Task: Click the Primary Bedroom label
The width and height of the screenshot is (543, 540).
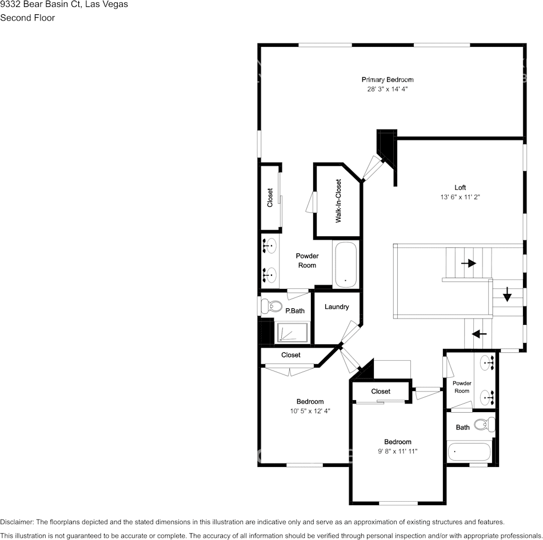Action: point(387,79)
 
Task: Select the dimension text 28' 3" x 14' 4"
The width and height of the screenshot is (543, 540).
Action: point(387,89)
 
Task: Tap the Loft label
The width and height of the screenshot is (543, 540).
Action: point(460,187)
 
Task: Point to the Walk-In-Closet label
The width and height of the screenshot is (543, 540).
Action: point(338,201)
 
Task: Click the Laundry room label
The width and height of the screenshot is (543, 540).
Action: point(337,307)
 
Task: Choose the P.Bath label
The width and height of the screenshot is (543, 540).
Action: point(295,311)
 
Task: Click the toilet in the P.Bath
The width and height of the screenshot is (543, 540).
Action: point(269,307)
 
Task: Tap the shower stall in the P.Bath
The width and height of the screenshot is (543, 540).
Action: point(293,332)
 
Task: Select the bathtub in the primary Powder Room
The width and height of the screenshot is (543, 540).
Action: point(345,265)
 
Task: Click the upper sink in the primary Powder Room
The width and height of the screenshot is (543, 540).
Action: point(270,247)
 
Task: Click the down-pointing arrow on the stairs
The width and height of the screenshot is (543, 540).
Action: point(507,296)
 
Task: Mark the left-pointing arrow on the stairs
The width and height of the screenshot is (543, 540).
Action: point(479,333)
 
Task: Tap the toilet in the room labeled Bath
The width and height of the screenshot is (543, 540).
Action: point(487,424)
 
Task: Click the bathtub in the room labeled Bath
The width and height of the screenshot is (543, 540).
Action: point(469,452)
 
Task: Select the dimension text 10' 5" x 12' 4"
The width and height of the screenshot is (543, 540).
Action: point(309,410)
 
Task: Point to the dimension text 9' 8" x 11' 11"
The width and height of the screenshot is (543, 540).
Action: point(397,451)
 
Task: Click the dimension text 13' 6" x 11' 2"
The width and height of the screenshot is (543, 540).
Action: point(460,197)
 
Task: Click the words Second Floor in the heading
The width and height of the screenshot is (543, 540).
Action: point(27,18)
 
